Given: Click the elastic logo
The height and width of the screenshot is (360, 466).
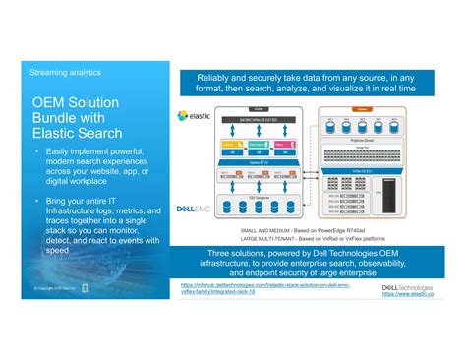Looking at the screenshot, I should (x=197, y=115).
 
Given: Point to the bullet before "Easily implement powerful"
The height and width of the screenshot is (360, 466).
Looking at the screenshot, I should (x=35, y=151).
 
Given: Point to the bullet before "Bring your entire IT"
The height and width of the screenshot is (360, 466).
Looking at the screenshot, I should (x=35, y=200).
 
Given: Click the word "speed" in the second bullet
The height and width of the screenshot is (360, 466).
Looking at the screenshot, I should (x=57, y=250).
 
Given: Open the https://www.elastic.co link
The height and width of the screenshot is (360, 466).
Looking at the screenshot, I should (x=409, y=293).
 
